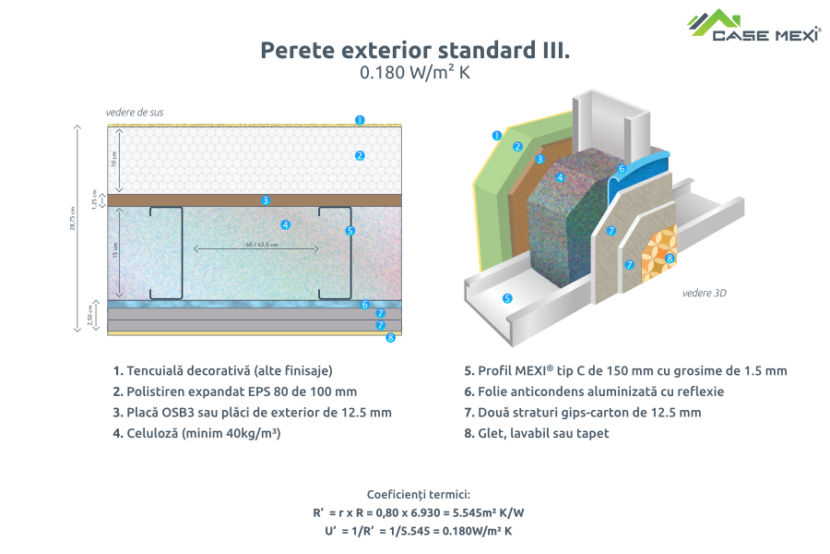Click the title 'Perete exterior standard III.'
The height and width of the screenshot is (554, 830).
coord(414,50)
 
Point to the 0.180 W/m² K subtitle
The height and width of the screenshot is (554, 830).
coord(414,74)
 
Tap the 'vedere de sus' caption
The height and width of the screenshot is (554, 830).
coord(135,113)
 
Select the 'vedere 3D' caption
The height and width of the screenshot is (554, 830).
coord(702,294)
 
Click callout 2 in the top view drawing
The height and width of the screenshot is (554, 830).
coord(360,156)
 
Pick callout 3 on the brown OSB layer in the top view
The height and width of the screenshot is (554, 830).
coord(265,199)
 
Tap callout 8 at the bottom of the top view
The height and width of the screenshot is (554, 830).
coord(391,338)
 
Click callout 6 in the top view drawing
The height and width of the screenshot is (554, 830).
coord(365,304)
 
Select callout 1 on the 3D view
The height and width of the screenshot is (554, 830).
coord(496,135)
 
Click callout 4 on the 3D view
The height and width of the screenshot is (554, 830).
coord(560,176)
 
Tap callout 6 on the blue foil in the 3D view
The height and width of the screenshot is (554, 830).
coord(622,169)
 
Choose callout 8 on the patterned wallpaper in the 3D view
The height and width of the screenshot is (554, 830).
coord(670,259)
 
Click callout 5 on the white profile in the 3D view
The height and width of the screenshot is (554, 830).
coord(506,298)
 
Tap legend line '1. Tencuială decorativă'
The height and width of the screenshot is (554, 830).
coord(221,371)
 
